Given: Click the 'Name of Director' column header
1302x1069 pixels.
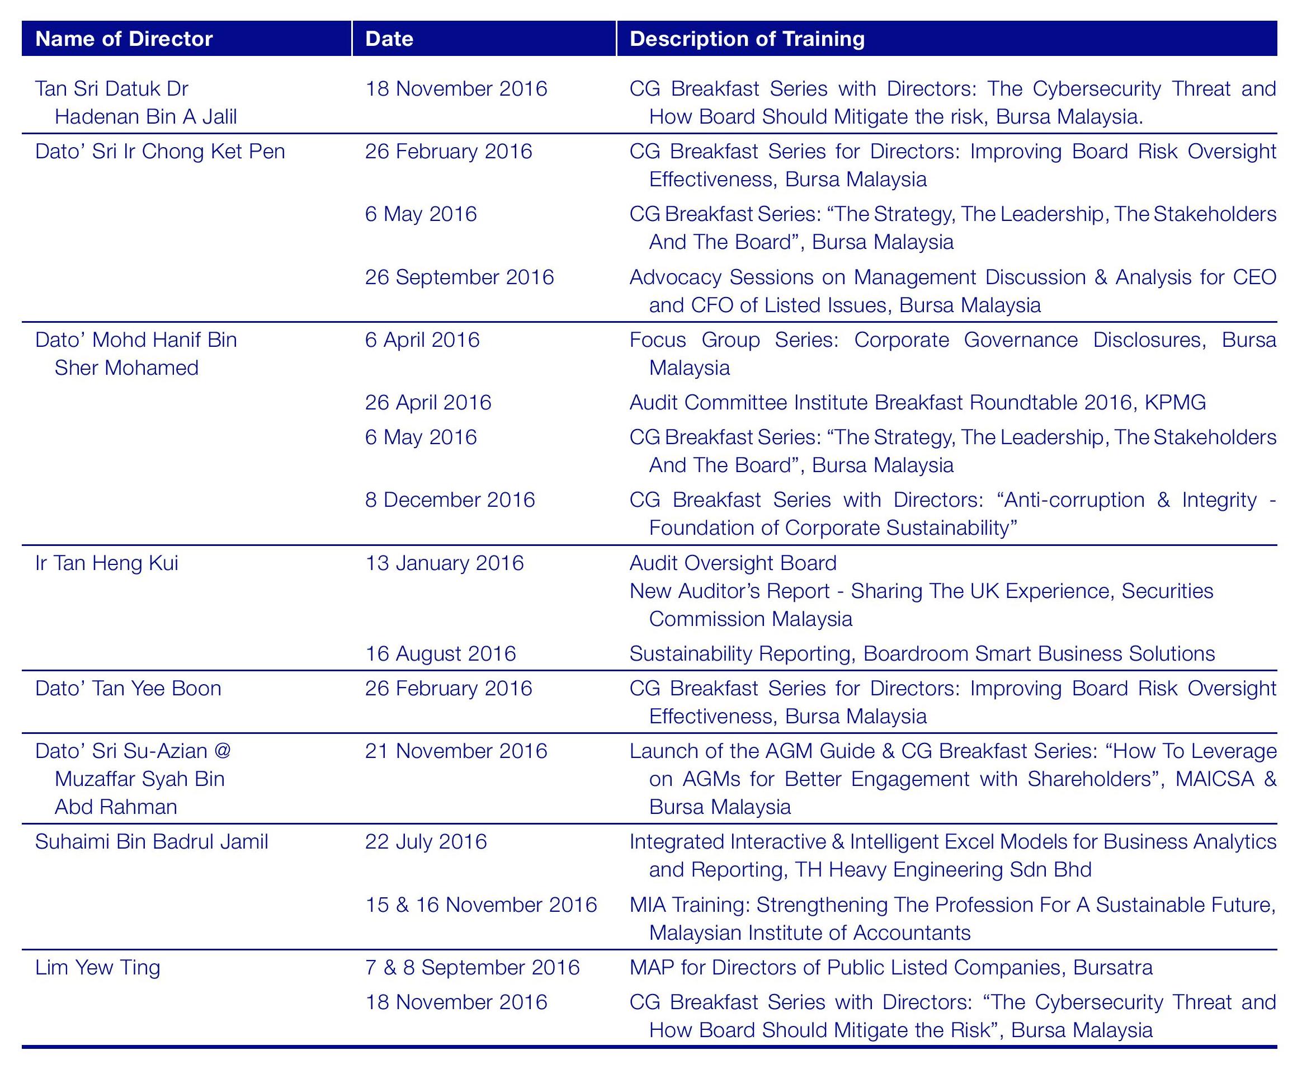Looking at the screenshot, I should coord(124,39).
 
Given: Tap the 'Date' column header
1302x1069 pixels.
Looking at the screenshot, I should coord(389,39).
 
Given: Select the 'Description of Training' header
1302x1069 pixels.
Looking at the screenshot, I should coord(747,39).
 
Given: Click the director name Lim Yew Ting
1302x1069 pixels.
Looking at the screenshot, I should coord(98,967).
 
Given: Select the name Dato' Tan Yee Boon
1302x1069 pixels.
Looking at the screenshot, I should coord(128,688).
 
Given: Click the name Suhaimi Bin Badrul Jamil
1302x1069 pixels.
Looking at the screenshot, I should coord(152,841).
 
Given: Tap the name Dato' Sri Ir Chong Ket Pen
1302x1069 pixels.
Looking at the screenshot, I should coord(160,151).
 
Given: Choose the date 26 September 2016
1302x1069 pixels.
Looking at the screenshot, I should coord(459,277).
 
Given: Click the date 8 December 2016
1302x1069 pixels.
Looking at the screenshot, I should coord(450,500).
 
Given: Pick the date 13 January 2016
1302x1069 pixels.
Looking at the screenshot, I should coord(445,563).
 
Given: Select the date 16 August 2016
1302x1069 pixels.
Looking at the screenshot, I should coord(441,653).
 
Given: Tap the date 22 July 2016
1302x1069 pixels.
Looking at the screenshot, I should coord(426,841).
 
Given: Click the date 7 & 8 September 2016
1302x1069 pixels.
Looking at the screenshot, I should coord(472,967).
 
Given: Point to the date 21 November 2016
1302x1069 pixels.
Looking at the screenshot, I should coord(456,751).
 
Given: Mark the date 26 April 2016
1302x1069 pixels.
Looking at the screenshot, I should coord(428,402).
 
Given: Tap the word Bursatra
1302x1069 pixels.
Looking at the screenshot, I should coord(1113,967).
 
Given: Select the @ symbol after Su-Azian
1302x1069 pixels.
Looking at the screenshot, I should coord(222,751).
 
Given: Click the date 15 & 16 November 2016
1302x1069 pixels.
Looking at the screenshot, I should coord(481,905).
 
